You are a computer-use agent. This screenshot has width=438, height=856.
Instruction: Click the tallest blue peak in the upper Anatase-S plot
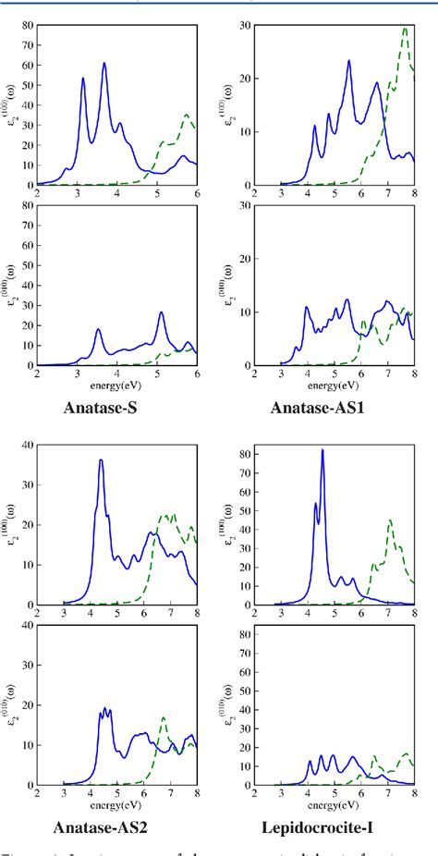[x=104, y=64]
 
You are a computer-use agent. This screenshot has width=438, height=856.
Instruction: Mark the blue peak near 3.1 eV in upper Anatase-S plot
[x=83, y=79]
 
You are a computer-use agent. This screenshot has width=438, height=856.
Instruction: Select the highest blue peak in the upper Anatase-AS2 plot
[x=102, y=460]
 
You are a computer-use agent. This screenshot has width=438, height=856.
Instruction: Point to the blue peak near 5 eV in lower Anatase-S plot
[x=161, y=312]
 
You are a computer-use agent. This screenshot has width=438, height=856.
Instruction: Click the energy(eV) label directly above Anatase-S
[x=117, y=384]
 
